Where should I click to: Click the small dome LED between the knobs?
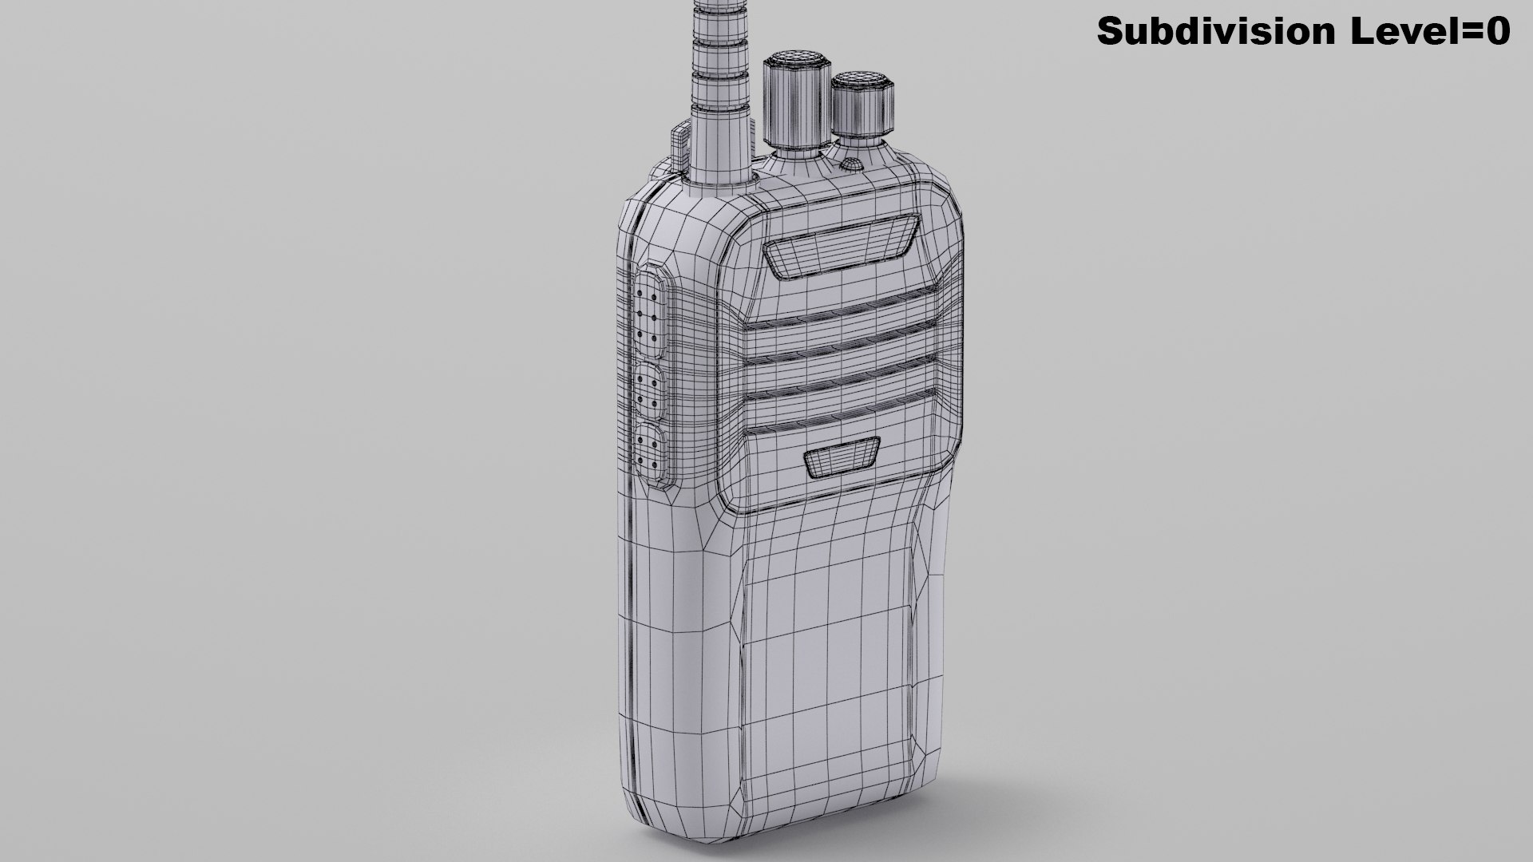point(852,165)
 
